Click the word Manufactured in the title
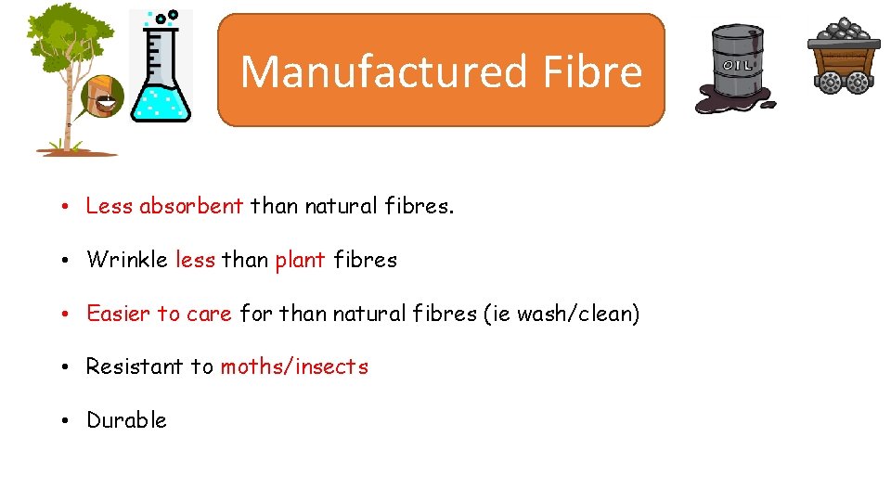(x=369, y=71)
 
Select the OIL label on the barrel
(x=737, y=66)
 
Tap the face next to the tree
(x=103, y=96)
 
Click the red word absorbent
(x=191, y=206)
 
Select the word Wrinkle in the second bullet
(x=127, y=260)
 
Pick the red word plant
(x=300, y=260)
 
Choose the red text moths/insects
(x=294, y=366)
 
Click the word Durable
(x=126, y=420)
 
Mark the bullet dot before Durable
(x=70, y=421)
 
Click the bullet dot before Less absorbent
(x=70, y=207)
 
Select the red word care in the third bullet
(x=209, y=314)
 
